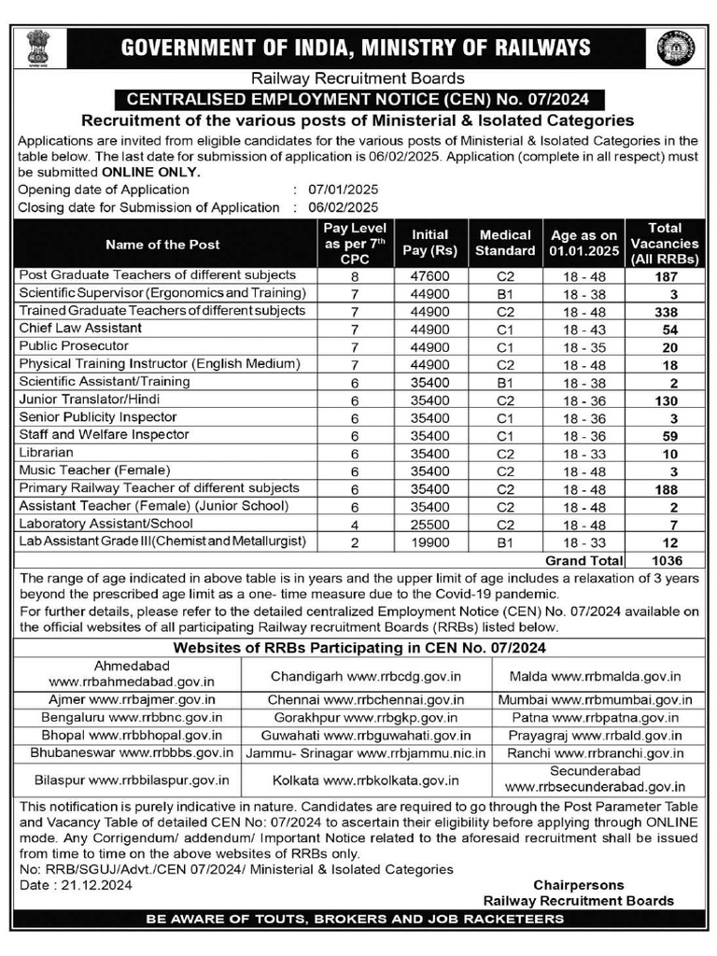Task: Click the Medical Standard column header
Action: click(505, 243)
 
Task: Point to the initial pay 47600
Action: click(429, 276)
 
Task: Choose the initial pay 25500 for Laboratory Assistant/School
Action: click(429, 525)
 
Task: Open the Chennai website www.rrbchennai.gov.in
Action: click(366, 698)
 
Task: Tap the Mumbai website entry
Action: click(595, 698)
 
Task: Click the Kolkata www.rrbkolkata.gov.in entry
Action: click(366, 779)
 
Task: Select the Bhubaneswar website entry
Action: click(131, 752)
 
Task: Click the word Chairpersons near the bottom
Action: click(578, 884)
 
